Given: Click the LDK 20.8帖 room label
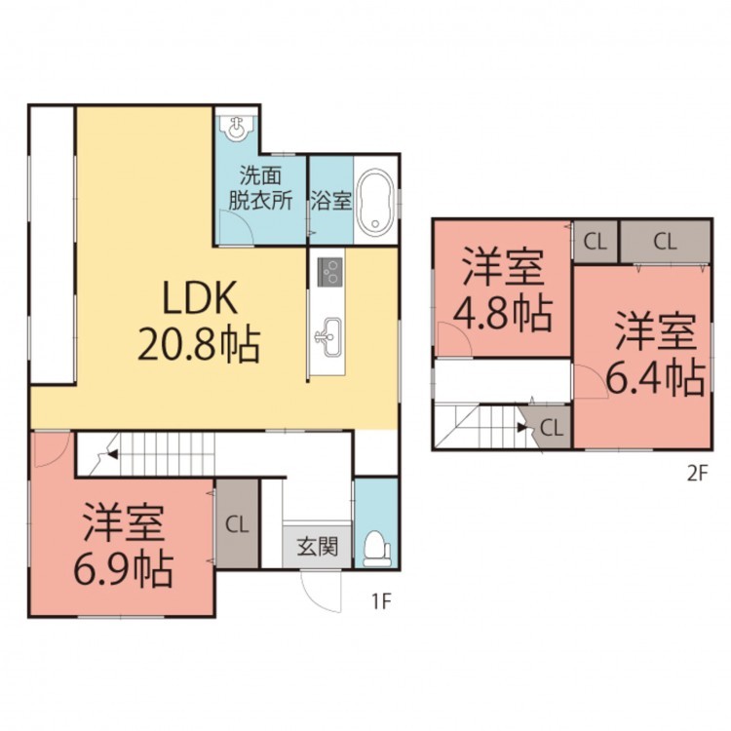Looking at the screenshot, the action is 199,322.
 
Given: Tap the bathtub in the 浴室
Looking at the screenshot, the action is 376,201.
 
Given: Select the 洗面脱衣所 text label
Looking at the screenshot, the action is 260,188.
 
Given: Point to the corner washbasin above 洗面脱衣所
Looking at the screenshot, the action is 237,127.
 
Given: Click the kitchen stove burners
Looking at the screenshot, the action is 330,271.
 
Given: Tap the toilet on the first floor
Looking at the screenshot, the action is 377,549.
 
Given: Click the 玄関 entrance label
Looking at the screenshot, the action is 318,547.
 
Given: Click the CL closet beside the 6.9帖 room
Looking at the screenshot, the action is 237,525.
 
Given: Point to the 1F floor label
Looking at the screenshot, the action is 380,602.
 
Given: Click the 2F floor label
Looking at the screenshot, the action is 698,474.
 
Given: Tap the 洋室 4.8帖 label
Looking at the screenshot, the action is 503,290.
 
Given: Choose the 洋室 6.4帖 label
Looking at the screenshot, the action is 656,354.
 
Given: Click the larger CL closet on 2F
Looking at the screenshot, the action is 665,242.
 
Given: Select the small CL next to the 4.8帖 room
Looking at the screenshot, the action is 596,242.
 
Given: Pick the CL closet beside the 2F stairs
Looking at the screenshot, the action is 549,428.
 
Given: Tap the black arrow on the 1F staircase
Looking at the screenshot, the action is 112,453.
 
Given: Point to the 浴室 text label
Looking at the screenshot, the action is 331,201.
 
